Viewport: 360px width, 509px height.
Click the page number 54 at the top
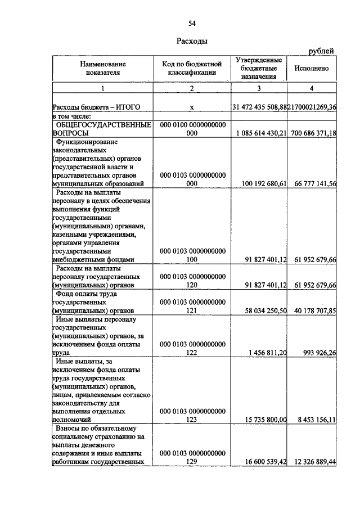tap(192, 23)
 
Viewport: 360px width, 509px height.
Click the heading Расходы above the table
tap(192, 41)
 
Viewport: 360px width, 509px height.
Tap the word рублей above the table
tap(321, 52)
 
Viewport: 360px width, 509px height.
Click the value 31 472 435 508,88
tap(259, 106)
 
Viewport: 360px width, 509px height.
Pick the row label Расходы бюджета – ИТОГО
tap(96, 107)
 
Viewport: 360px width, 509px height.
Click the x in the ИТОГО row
tap(192, 107)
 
